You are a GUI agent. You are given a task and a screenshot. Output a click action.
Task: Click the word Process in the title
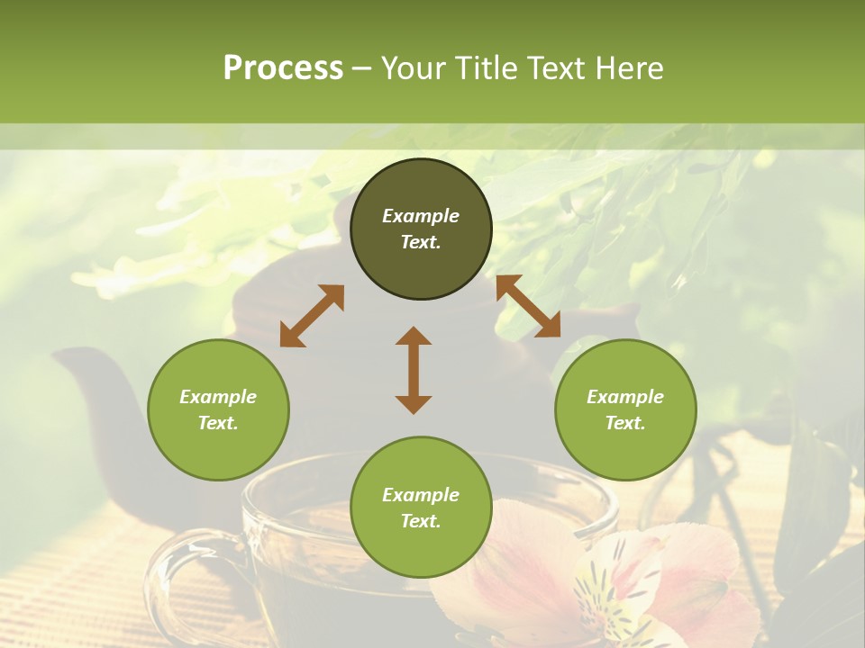point(283,67)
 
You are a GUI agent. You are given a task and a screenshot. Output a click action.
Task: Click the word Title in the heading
point(486,67)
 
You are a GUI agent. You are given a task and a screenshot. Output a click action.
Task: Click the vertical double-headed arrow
point(414,370)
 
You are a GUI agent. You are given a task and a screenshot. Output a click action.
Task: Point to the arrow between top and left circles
point(312,316)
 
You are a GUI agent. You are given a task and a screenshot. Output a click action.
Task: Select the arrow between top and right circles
point(529,307)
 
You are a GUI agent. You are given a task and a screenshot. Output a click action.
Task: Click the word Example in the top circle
point(421,216)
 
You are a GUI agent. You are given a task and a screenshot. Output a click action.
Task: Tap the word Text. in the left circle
point(218,423)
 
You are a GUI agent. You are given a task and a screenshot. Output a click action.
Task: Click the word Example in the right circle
point(625,397)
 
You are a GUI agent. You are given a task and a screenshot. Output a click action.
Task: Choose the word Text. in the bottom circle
point(421,521)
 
